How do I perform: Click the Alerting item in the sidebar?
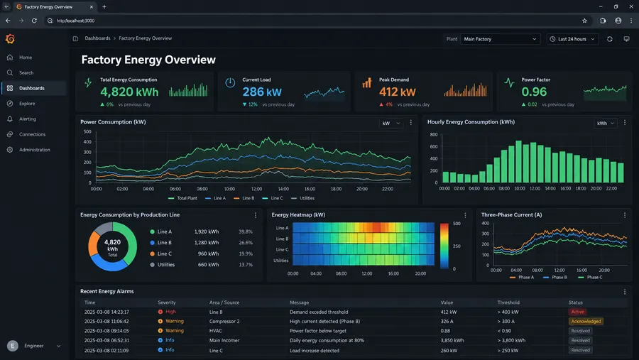[27, 119]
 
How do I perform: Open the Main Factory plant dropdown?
[500, 39]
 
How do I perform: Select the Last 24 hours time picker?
[572, 39]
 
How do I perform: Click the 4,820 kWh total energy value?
[129, 92]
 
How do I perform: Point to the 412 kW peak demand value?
[398, 92]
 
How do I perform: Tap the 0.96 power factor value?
[534, 92]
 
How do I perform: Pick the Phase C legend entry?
[590, 277]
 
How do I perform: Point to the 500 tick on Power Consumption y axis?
[87, 131]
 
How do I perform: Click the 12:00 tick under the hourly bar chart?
[535, 188]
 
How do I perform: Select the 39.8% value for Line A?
[246, 231]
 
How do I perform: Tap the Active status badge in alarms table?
[577, 312]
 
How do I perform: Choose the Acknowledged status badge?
[586, 321]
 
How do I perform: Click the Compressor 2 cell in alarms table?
[224, 321]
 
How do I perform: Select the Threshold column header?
[508, 302]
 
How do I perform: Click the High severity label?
[170, 312]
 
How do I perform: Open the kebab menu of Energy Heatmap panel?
[465, 215]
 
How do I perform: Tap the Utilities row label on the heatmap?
[280, 261]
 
